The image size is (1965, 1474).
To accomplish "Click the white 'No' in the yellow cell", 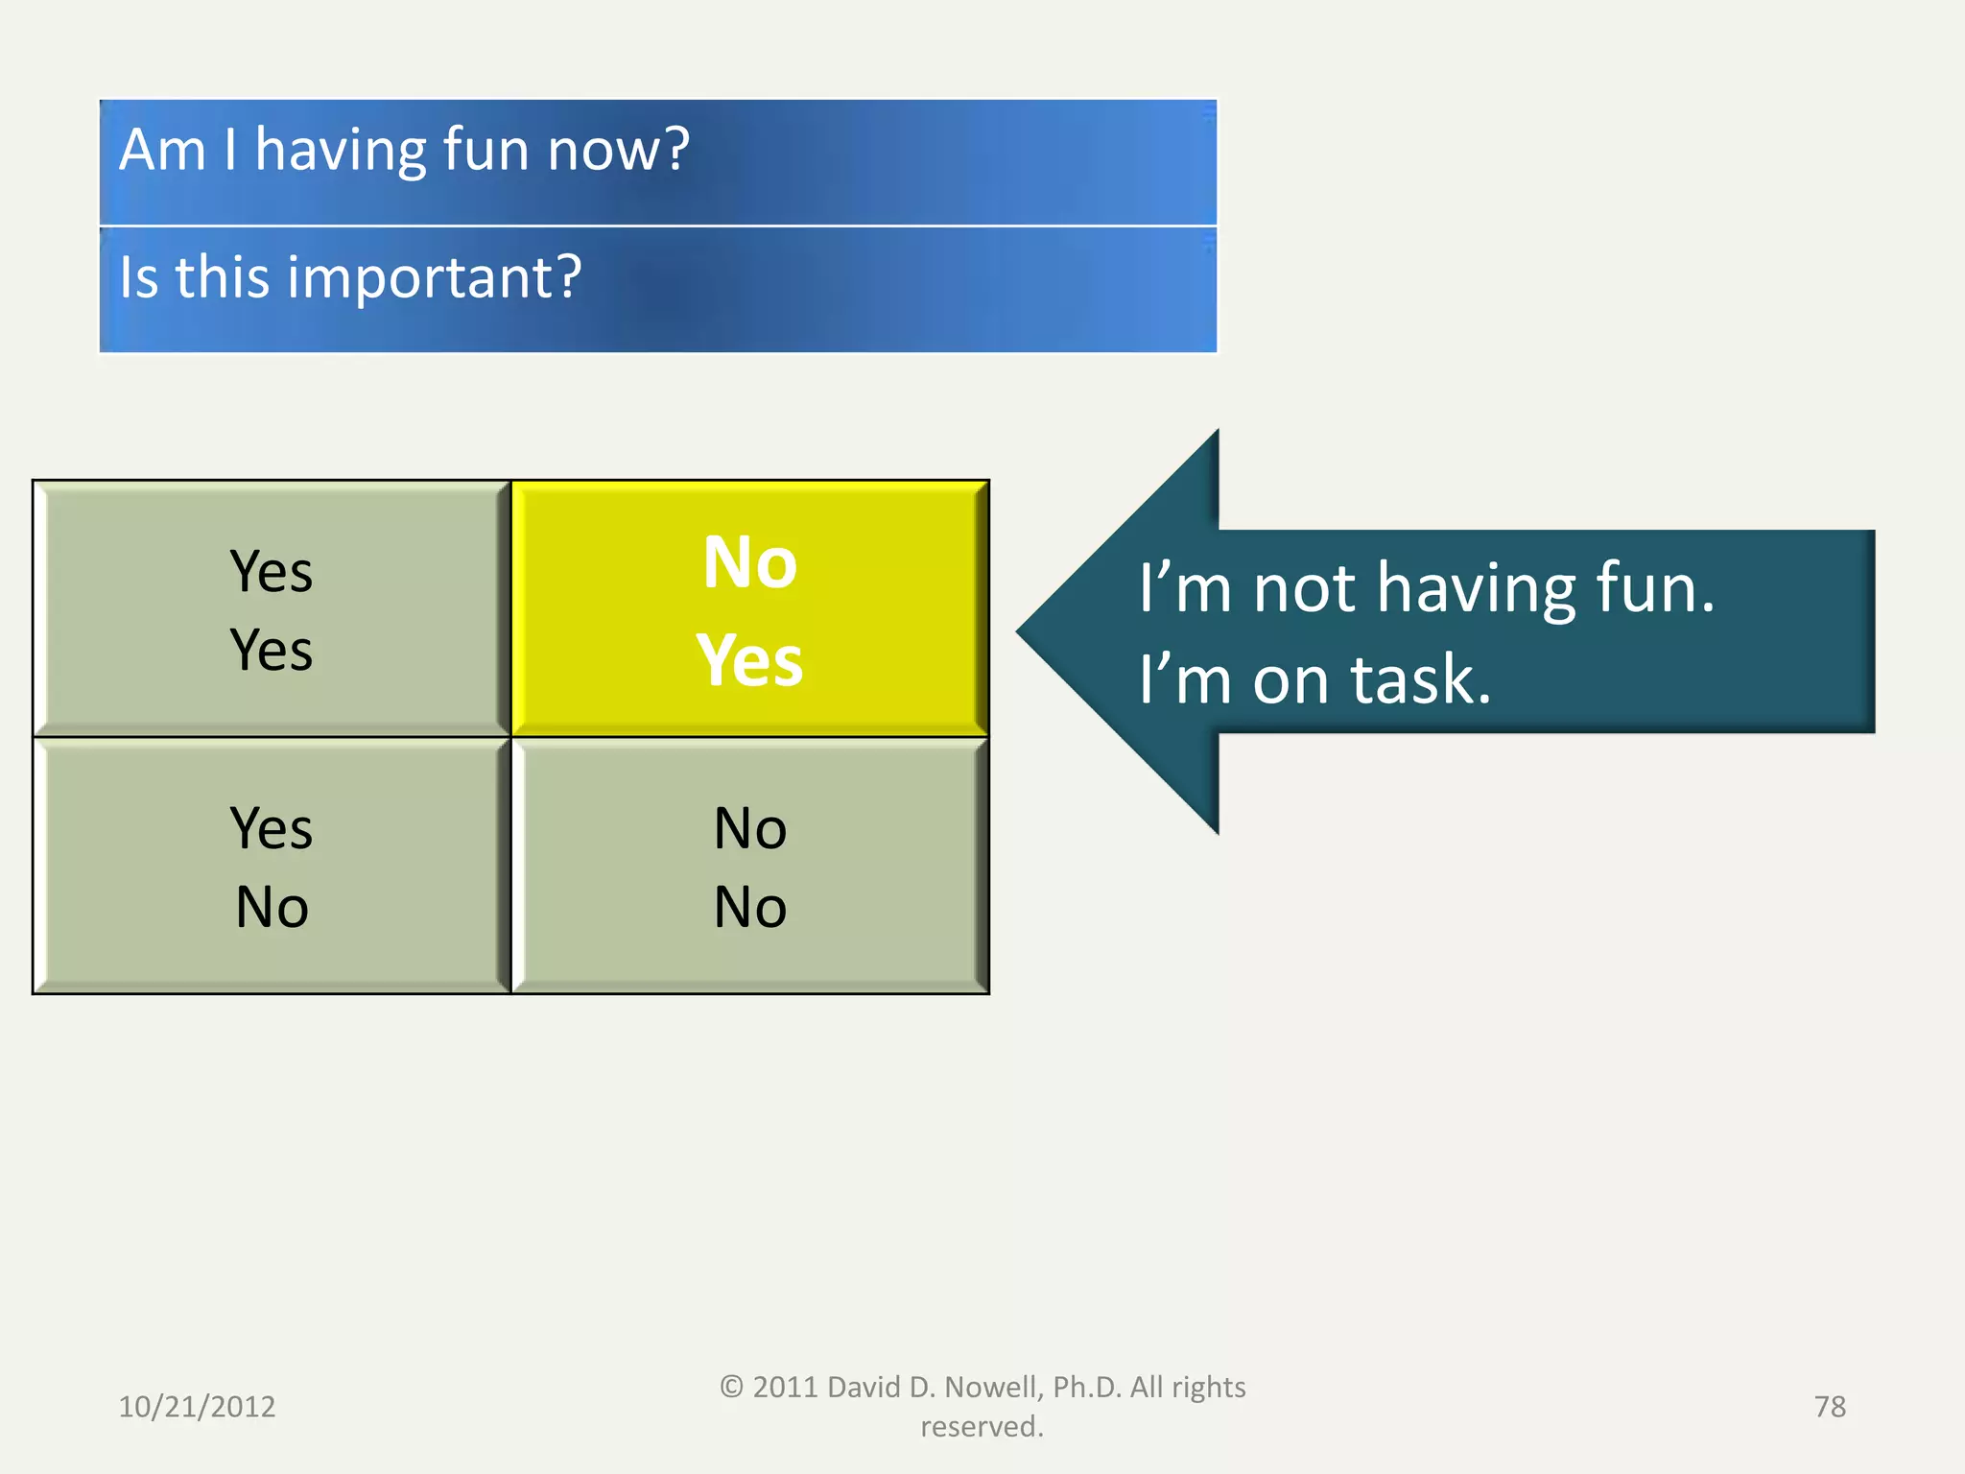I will pyautogui.click(x=749, y=562).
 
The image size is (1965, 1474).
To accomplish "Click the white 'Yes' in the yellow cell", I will pyautogui.click(x=749, y=661).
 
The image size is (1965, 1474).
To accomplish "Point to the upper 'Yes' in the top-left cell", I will pyautogui.click(x=272, y=572).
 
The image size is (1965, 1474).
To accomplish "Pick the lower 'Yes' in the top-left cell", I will pyautogui.click(x=272, y=651).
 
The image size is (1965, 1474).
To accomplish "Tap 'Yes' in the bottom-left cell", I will pyautogui.click(x=272, y=828).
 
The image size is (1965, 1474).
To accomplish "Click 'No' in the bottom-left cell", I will pyautogui.click(x=272, y=907).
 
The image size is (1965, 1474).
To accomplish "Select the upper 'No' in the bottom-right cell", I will pyautogui.click(x=750, y=828).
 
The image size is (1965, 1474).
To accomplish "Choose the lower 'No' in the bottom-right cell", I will pyautogui.click(x=750, y=907).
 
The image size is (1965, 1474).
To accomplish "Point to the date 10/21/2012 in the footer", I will pyautogui.click(x=197, y=1407).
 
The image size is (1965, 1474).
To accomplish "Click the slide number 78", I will pyautogui.click(x=1830, y=1407).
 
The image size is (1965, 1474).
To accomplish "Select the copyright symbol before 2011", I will pyautogui.click(x=731, y=1387).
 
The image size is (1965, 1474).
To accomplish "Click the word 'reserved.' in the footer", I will pyautogui.click(x=982, y=1427).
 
